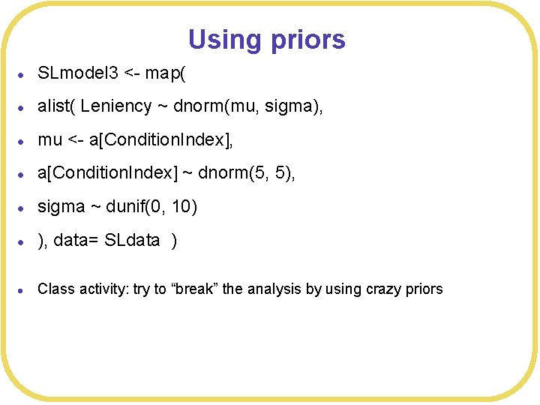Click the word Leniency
[x=116, y=107]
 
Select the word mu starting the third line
[x=50, y=140]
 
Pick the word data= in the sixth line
[x=78, y=241]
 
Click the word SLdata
[x=132, y=241]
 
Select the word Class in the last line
[x=53, y=289]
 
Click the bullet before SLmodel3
[x=23, y=74]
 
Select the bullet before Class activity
[x=23, y=289]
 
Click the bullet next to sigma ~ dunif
[x=23, y=208]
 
